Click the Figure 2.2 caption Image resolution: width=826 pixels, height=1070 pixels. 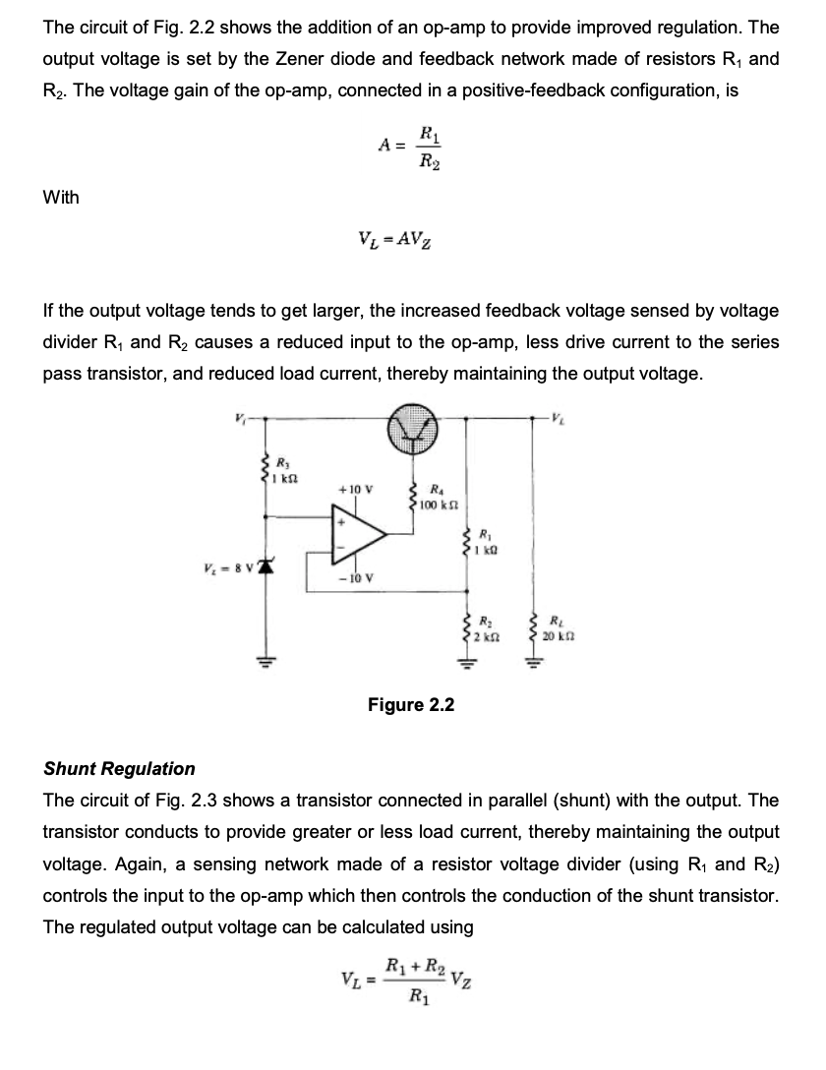tap(411, 705)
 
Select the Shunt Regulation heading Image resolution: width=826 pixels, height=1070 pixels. tap(119, 768)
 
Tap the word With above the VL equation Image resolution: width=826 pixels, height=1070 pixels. tap(62, 198)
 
